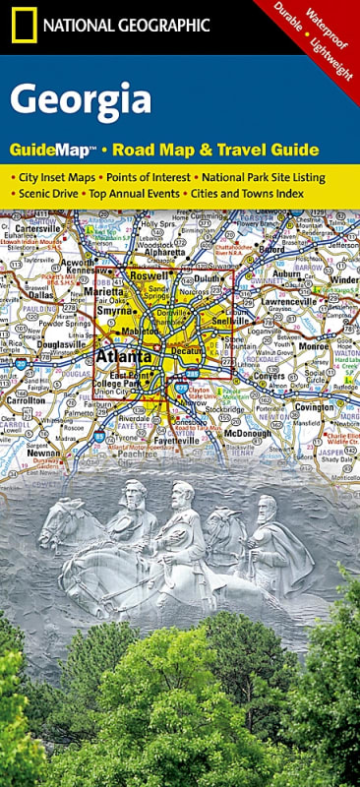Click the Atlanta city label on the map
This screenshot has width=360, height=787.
(123, 357)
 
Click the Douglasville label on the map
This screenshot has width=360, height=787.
(57, 346)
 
